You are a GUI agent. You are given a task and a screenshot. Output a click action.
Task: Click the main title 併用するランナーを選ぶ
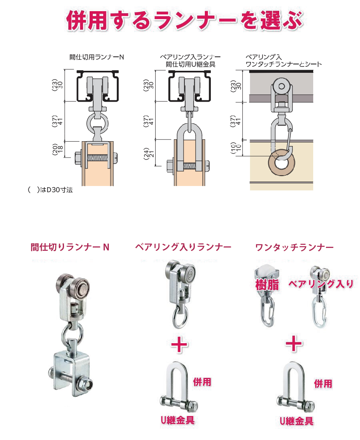(185, 20)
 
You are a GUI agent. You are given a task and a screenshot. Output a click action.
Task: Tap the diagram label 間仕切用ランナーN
(97, 57)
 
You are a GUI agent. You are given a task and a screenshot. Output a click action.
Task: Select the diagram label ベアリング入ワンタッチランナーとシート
(283, 61)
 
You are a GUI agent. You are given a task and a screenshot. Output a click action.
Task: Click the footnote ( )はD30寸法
(50, 190)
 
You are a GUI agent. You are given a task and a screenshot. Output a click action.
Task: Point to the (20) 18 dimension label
(58, 149)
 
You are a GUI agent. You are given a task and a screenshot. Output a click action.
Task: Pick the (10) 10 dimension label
(236, 148)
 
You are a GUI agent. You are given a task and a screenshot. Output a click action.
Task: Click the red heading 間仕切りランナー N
(70, 247)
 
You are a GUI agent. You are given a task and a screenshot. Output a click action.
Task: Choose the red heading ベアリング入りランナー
(183, 247)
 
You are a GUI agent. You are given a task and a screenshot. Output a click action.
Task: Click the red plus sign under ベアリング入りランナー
(179, 345)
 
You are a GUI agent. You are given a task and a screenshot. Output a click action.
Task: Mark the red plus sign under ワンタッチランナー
(294, 343)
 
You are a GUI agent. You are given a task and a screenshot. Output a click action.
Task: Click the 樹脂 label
(267, 284)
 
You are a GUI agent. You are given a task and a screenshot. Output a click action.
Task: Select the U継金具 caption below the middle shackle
(177, 420)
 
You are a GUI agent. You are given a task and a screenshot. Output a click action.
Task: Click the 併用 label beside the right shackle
(323, 384)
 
